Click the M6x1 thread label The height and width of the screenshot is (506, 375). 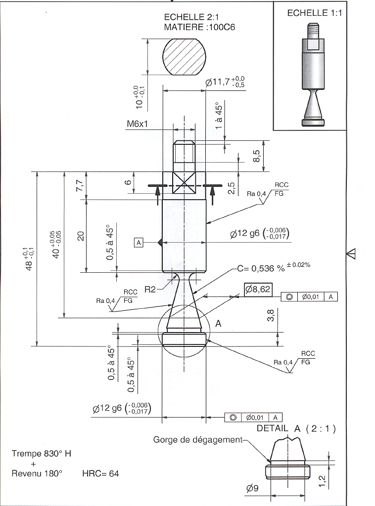pyautogui.click(x=137, y=124)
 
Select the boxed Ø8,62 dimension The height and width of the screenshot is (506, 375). pyautogui.click(x=257, y=290)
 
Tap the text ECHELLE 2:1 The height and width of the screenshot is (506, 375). pyautogui.click(x=190, y=17)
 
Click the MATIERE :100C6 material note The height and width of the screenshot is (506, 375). pyautogui.click(x=199, y=28)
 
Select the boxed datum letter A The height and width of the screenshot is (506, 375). pyautogui.click(x=139, y=243)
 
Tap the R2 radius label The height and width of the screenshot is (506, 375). pyautogui.click(x=150, y=290)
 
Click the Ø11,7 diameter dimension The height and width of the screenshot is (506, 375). pyautogui.click(x=225, y=82)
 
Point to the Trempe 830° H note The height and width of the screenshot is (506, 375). pyautogui.click(x=41, y=454)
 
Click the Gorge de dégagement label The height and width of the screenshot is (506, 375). pyautogui.click(x=197, y=439)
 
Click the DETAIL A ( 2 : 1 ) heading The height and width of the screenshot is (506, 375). pyautogui.click(x=296, y=429)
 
